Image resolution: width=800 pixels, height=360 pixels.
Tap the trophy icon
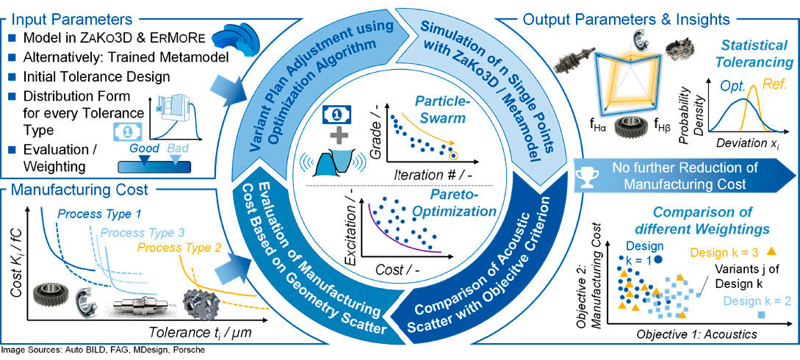(586, 176)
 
